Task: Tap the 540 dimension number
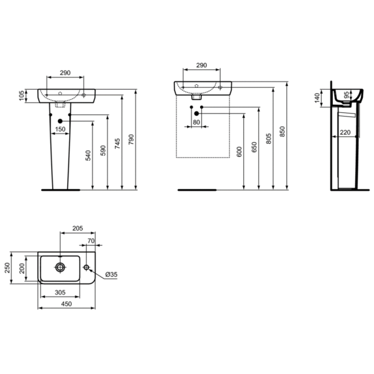[x=87, y=155]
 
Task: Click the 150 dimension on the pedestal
[x=60, y=130]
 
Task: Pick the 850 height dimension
[x=283, y=132]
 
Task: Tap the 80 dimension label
[x=196, y=122]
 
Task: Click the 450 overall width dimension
[x=67, y=304]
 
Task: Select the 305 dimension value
[x=59, y=291]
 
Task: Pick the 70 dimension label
[x=90, y=240]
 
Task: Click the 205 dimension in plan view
[x=78, y=229]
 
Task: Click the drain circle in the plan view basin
[x=60, y=268]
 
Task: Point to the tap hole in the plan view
[x=87, y=268]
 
